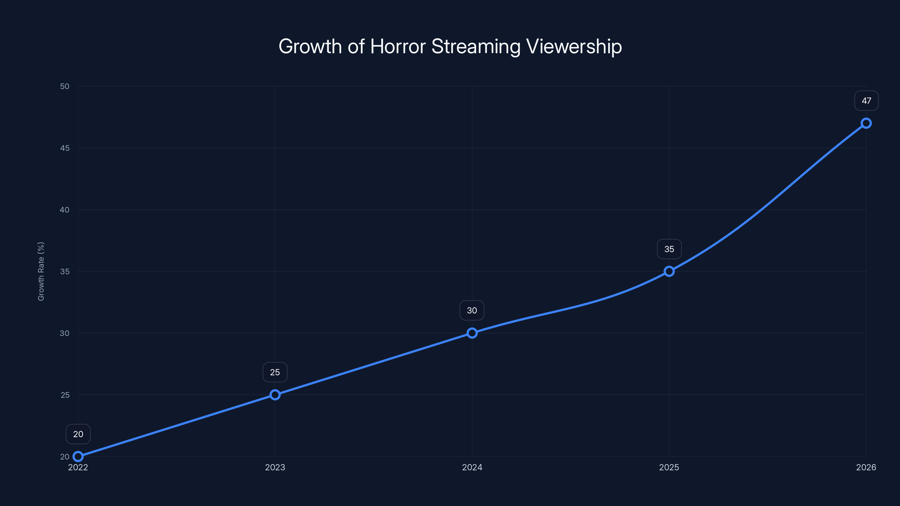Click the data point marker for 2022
coord(78,457)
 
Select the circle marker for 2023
coord(275,395)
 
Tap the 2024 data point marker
coord(472,333)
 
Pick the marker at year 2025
coord(669,271)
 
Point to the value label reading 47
coord(866,101)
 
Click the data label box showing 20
coord(78,434)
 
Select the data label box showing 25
coord(275,372)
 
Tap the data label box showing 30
coord(472,310)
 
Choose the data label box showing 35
coord(669,249)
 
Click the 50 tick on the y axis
coord(65,86)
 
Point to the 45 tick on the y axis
coord(65,148)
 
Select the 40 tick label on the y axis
coord(65,210)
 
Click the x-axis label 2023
coord(275,467)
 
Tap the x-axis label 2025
coord(669,467)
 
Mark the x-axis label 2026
coord(866,467)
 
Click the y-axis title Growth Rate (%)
coord(41,271)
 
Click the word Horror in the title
coord(398,46)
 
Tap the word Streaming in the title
coord(476,46)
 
